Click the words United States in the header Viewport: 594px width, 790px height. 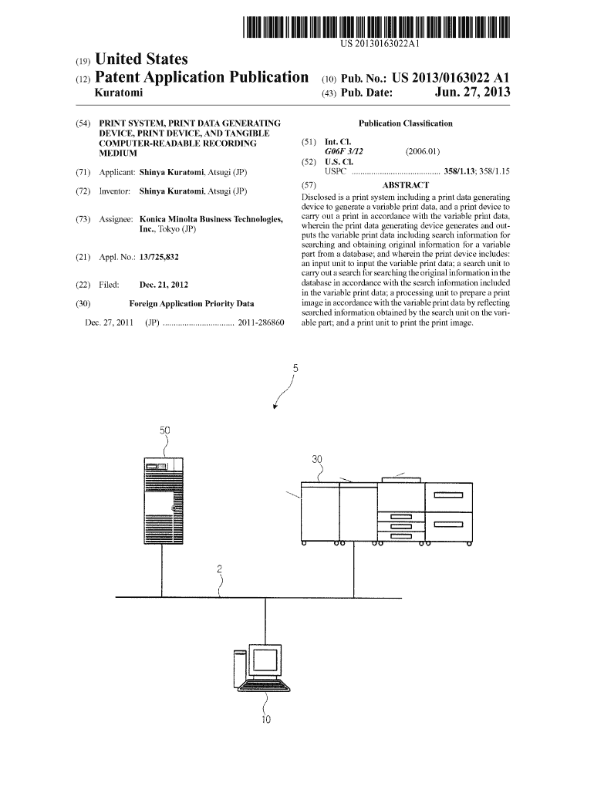140,59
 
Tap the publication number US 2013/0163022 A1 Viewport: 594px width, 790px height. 451,78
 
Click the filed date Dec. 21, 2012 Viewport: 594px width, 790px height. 164,285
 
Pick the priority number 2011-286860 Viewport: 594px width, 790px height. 262,322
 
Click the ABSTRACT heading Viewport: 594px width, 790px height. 405,185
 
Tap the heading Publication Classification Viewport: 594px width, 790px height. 405,123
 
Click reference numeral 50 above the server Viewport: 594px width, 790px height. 164,430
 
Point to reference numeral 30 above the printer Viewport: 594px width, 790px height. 317,460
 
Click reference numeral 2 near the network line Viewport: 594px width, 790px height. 220,570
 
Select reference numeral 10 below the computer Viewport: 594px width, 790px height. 265,721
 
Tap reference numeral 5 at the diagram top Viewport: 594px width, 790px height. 295,369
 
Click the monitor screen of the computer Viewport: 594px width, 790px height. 265,661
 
